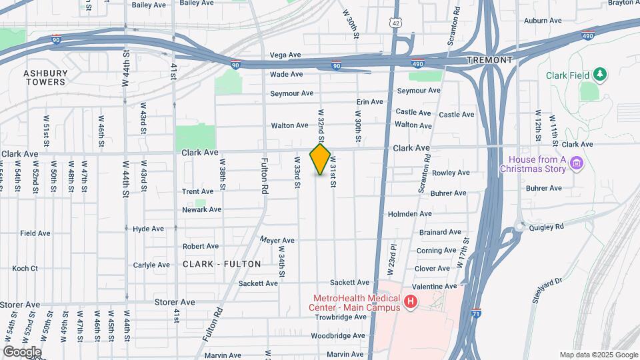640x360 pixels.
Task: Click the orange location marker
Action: (x=320, y=159)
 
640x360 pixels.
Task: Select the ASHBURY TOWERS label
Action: (x=45, y=77)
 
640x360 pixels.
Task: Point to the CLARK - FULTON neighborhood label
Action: (x=221, y=264)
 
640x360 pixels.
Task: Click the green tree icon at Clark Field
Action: (x=600, y=74)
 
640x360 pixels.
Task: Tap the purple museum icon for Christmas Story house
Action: (x=577, y=163)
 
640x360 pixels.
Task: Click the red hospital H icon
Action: (x=411, y=303)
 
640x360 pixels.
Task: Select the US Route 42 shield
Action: (x=396, y=23)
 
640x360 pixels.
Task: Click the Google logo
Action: (x=21, y=352)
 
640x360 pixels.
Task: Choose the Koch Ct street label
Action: (x=25, y=269)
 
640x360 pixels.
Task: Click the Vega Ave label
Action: (x=286, y=55)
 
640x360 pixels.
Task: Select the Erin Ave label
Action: (x=370, y=102)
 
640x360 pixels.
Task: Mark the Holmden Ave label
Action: (x=409, y=214)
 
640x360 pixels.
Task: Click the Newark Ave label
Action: (x=201, y=209)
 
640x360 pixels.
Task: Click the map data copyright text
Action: (x=597, y=355)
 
